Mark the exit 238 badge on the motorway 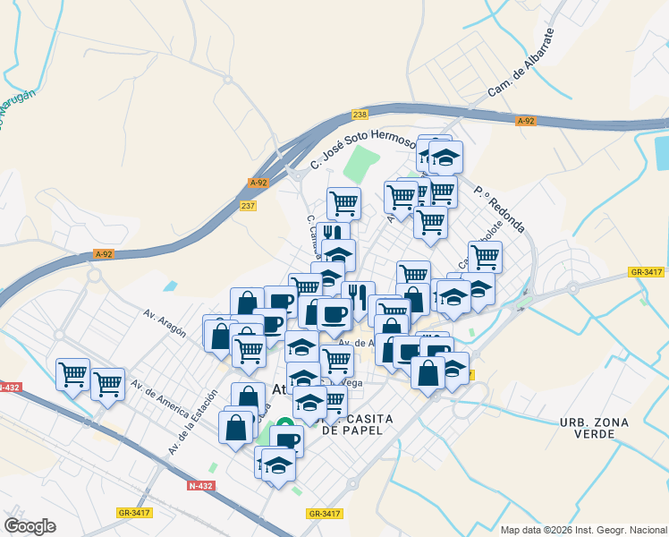pyautogui.click(x=360, y=115)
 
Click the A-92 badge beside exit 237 pyautogui.click(x=258, y=183)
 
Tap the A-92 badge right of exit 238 pyautogui.click(x=525, y=121)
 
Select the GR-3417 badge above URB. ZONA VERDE pyautogui.click(x=646, y=271)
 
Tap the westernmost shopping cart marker pyautogui.click(x=72, y=373)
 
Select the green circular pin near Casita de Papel pyautogui.click(x=284, y=425)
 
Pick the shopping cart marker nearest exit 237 pyautogui.click(x=343, y=202)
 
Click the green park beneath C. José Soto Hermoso pyautogui.click(x=360, y=166)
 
